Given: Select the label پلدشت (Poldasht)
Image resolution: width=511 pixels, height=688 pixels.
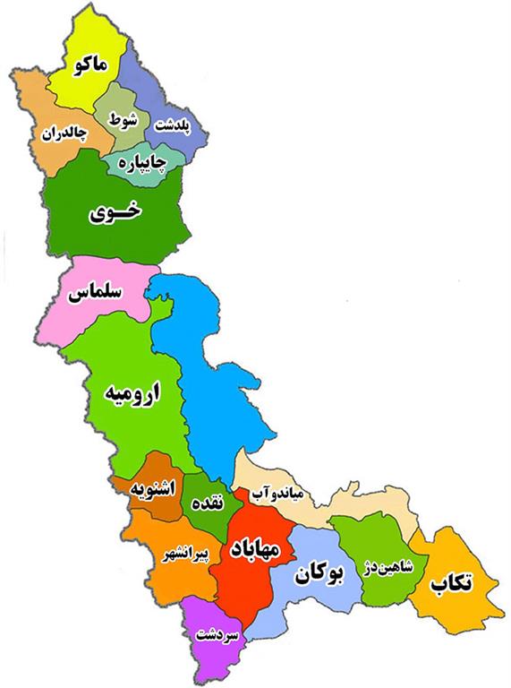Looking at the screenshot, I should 173,125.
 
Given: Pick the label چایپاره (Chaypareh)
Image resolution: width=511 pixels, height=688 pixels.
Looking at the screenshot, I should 142,162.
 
